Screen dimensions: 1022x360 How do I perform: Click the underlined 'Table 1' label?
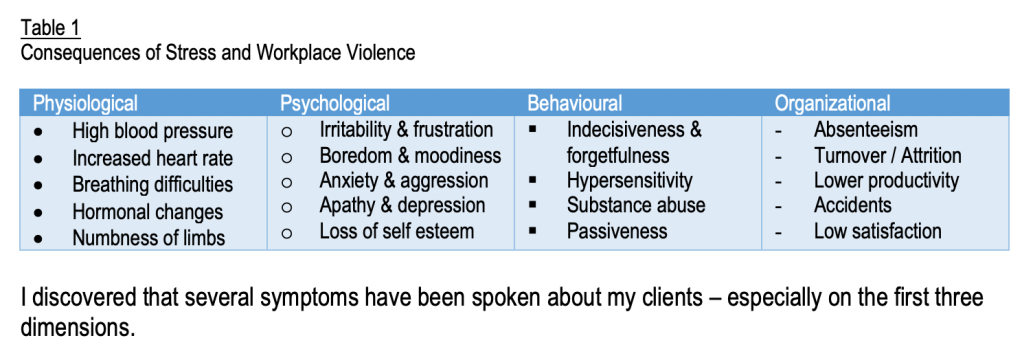tap(50, 28)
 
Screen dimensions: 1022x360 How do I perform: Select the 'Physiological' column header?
tap(85, 103)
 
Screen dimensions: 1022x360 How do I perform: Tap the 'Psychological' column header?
tap(335, 103)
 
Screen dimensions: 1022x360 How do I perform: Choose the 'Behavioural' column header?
tap(575, 103)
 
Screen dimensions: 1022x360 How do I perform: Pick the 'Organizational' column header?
tap(832, 103)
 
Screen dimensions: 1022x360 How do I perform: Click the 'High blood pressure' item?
tap(153, 131)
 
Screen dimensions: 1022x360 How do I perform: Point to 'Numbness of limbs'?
tap(149, 237)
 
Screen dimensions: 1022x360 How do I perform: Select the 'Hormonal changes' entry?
tap(147, 211)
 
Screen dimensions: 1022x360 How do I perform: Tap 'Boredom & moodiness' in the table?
tap(410, 155)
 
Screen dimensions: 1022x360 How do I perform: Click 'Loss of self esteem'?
tap(396, 231)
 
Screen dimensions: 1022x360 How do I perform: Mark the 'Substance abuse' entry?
tap(636, 205)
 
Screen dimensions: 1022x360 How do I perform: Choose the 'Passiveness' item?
tap(617, 231)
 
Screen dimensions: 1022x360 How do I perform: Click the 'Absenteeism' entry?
tap(866, 129)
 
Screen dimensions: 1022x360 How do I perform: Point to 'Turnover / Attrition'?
tap(888, 155)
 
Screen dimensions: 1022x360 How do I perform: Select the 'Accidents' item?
tap(853, 205)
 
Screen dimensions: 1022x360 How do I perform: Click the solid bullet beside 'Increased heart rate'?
tap(40, 158)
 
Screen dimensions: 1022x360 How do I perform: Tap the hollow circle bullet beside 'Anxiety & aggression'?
tap(286, 182)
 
